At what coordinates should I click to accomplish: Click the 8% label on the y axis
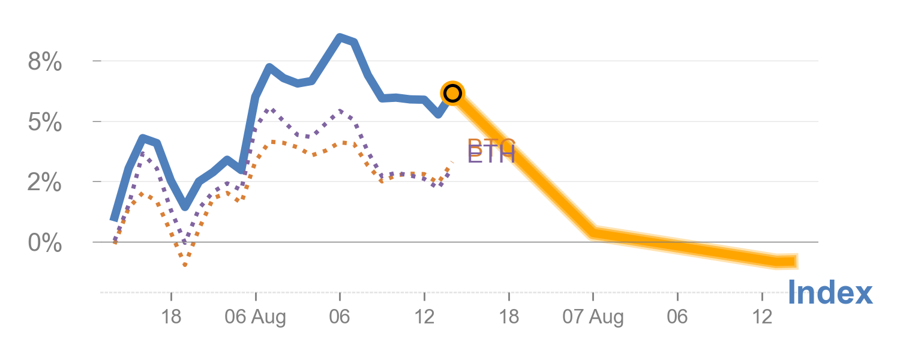coord(45,62)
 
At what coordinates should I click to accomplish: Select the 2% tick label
coord(45,182)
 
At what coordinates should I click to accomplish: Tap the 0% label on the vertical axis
coord(45,244)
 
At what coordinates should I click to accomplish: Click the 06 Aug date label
coord(255,317)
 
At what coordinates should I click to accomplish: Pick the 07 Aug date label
coord(593,317)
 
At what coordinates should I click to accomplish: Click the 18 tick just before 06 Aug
coord(172,317)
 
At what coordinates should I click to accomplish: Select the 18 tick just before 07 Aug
coord(509,317)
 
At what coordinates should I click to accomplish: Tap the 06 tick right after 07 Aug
coord(677,317)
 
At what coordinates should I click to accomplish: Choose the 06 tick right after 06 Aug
coord(340,317)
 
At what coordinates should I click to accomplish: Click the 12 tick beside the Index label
coord(761,317)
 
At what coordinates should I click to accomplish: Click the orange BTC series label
coord(491,144)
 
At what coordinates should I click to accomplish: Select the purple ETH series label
coord(491,155)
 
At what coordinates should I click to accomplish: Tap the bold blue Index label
coord(830,293)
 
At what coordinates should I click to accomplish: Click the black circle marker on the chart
coord(452,93)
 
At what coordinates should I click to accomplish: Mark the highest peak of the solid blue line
coord(340,37)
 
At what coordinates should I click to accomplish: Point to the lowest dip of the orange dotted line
coord(185,265)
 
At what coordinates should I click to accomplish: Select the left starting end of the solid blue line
coord(113,219)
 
